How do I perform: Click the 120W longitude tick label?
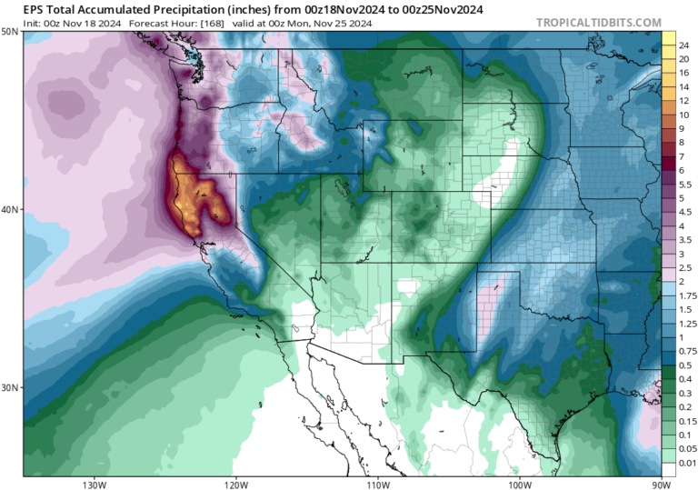tap(235, 483)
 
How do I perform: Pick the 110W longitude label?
tap(377, 483)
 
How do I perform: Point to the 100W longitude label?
tap(519, 483)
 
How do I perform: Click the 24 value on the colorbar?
tap(684, 45)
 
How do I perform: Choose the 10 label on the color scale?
tap(684, 104)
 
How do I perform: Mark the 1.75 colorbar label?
tap(688, 296)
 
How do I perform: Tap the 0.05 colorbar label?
tap(688, 449)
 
